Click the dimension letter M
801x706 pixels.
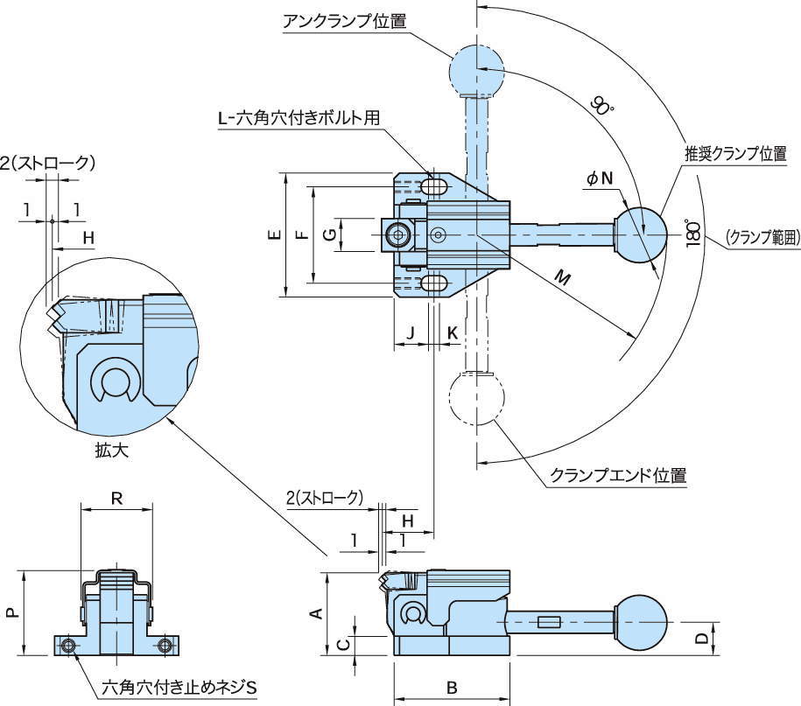[x=563, y=281]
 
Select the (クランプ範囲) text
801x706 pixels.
[x=762, y=236]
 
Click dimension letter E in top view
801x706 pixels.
[x=273, y=235]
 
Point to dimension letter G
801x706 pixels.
[x=327, y=235]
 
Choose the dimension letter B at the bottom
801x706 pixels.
[x=452, y=688]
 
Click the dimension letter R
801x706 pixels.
[x=116, y=500]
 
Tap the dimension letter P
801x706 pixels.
[x=11, y=613]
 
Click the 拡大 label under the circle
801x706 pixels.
[x=110, y=451]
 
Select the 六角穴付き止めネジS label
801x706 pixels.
[x=180, y=687]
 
